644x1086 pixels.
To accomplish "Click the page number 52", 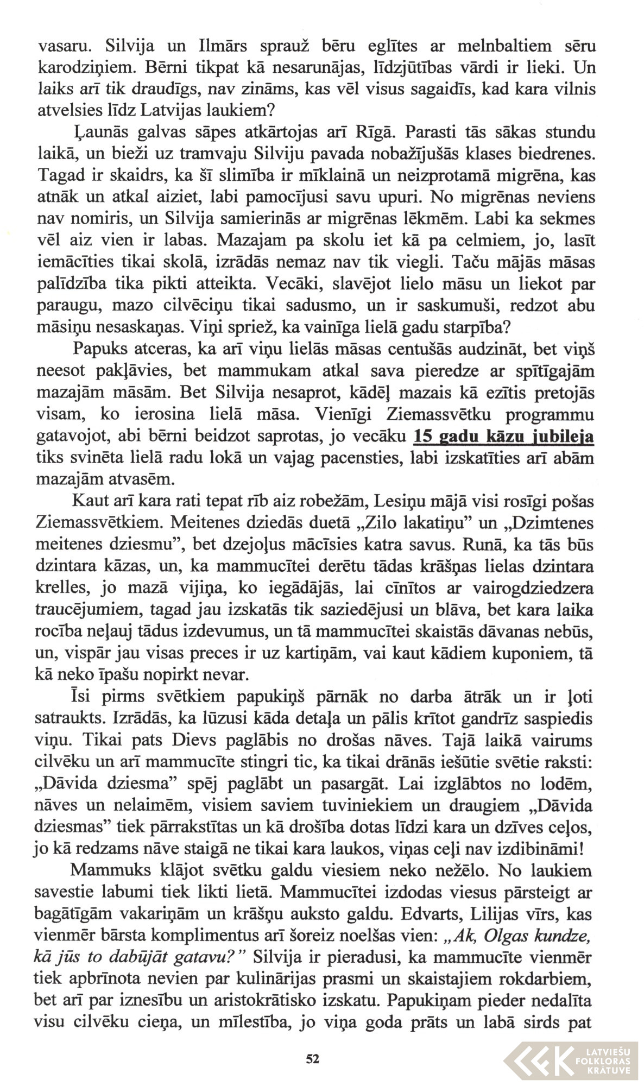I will coord(312,1058).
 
